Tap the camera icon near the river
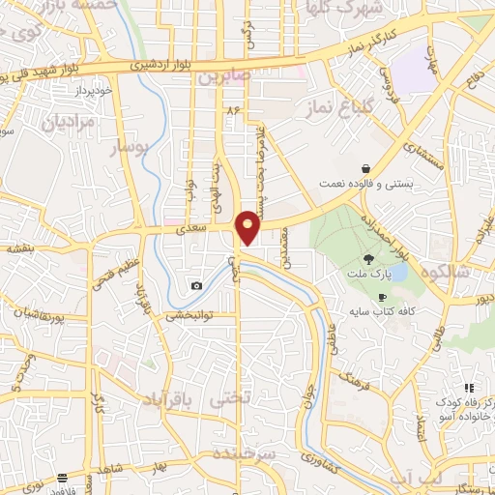(197, 285)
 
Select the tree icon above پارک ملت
(368, 258)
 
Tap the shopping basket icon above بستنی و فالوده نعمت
(364, 166)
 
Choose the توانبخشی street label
(188, 314)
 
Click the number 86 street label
(231, 111)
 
